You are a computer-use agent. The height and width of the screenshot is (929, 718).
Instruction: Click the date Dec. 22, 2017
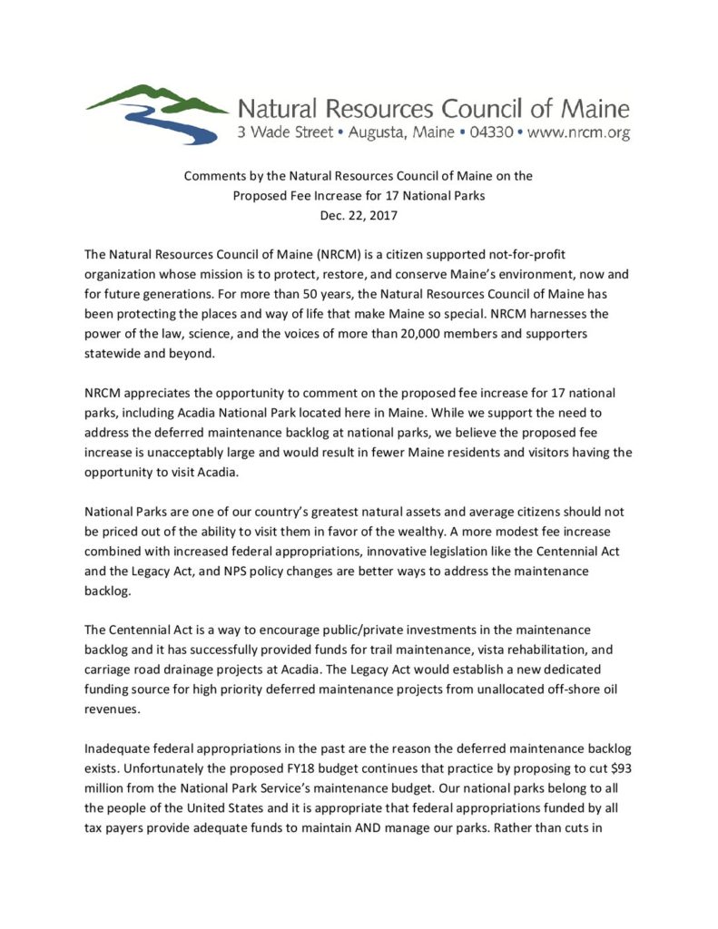point(359,215)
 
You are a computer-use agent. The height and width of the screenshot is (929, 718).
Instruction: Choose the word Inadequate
point(120,749)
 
